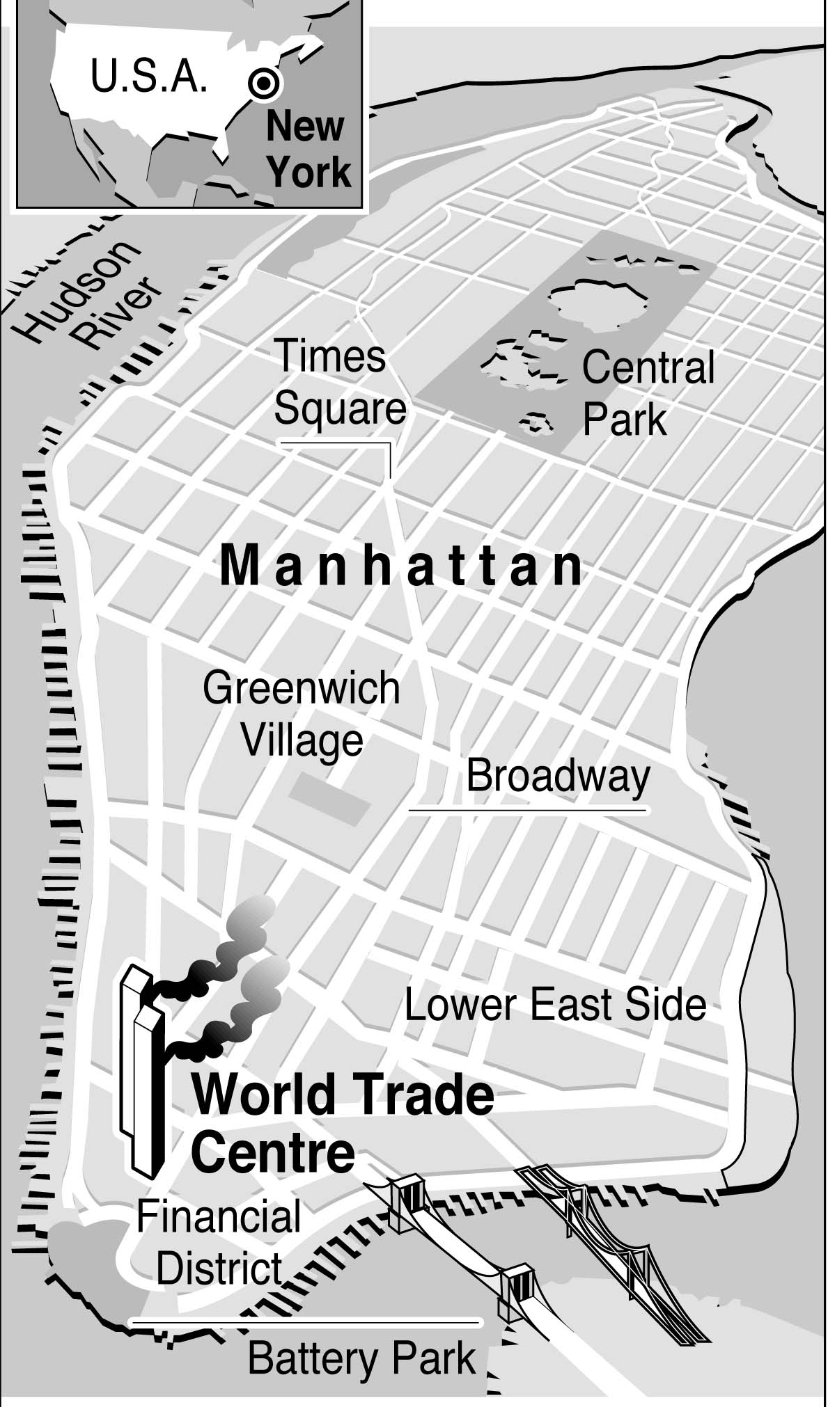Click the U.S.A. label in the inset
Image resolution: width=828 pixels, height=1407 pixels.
click(x=149, y=77)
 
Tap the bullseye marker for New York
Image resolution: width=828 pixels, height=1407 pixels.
click(x=265, y=83)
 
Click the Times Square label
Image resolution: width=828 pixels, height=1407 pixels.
click(x=339, y=382)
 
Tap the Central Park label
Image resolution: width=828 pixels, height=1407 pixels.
click(x=648, y=393)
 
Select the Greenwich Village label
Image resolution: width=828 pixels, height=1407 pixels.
click(x=302, y=714)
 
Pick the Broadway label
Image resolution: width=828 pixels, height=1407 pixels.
click(x=558, y=776)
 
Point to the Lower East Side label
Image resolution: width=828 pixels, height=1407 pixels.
click(x=555, y=1005)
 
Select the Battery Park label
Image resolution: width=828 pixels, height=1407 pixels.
click(x=362, y=1358)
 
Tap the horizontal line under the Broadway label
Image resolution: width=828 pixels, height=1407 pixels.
click(x=528, y=809)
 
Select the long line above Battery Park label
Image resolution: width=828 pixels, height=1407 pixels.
click(x=305, y=1321)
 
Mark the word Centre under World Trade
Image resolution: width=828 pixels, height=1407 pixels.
click(x=273, y=1152)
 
